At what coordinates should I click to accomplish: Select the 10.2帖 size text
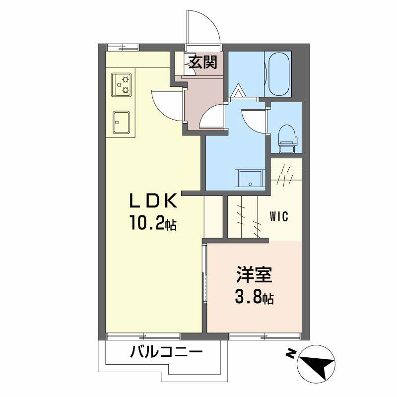tap(152, 224)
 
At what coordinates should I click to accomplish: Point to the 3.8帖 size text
tap(254, 298)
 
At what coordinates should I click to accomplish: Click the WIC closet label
tap(279, 217)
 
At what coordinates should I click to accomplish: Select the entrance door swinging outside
tap(202, 27)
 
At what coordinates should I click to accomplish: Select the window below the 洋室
tap(265, 335)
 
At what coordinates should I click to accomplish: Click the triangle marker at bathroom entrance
tap(239, 91)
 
